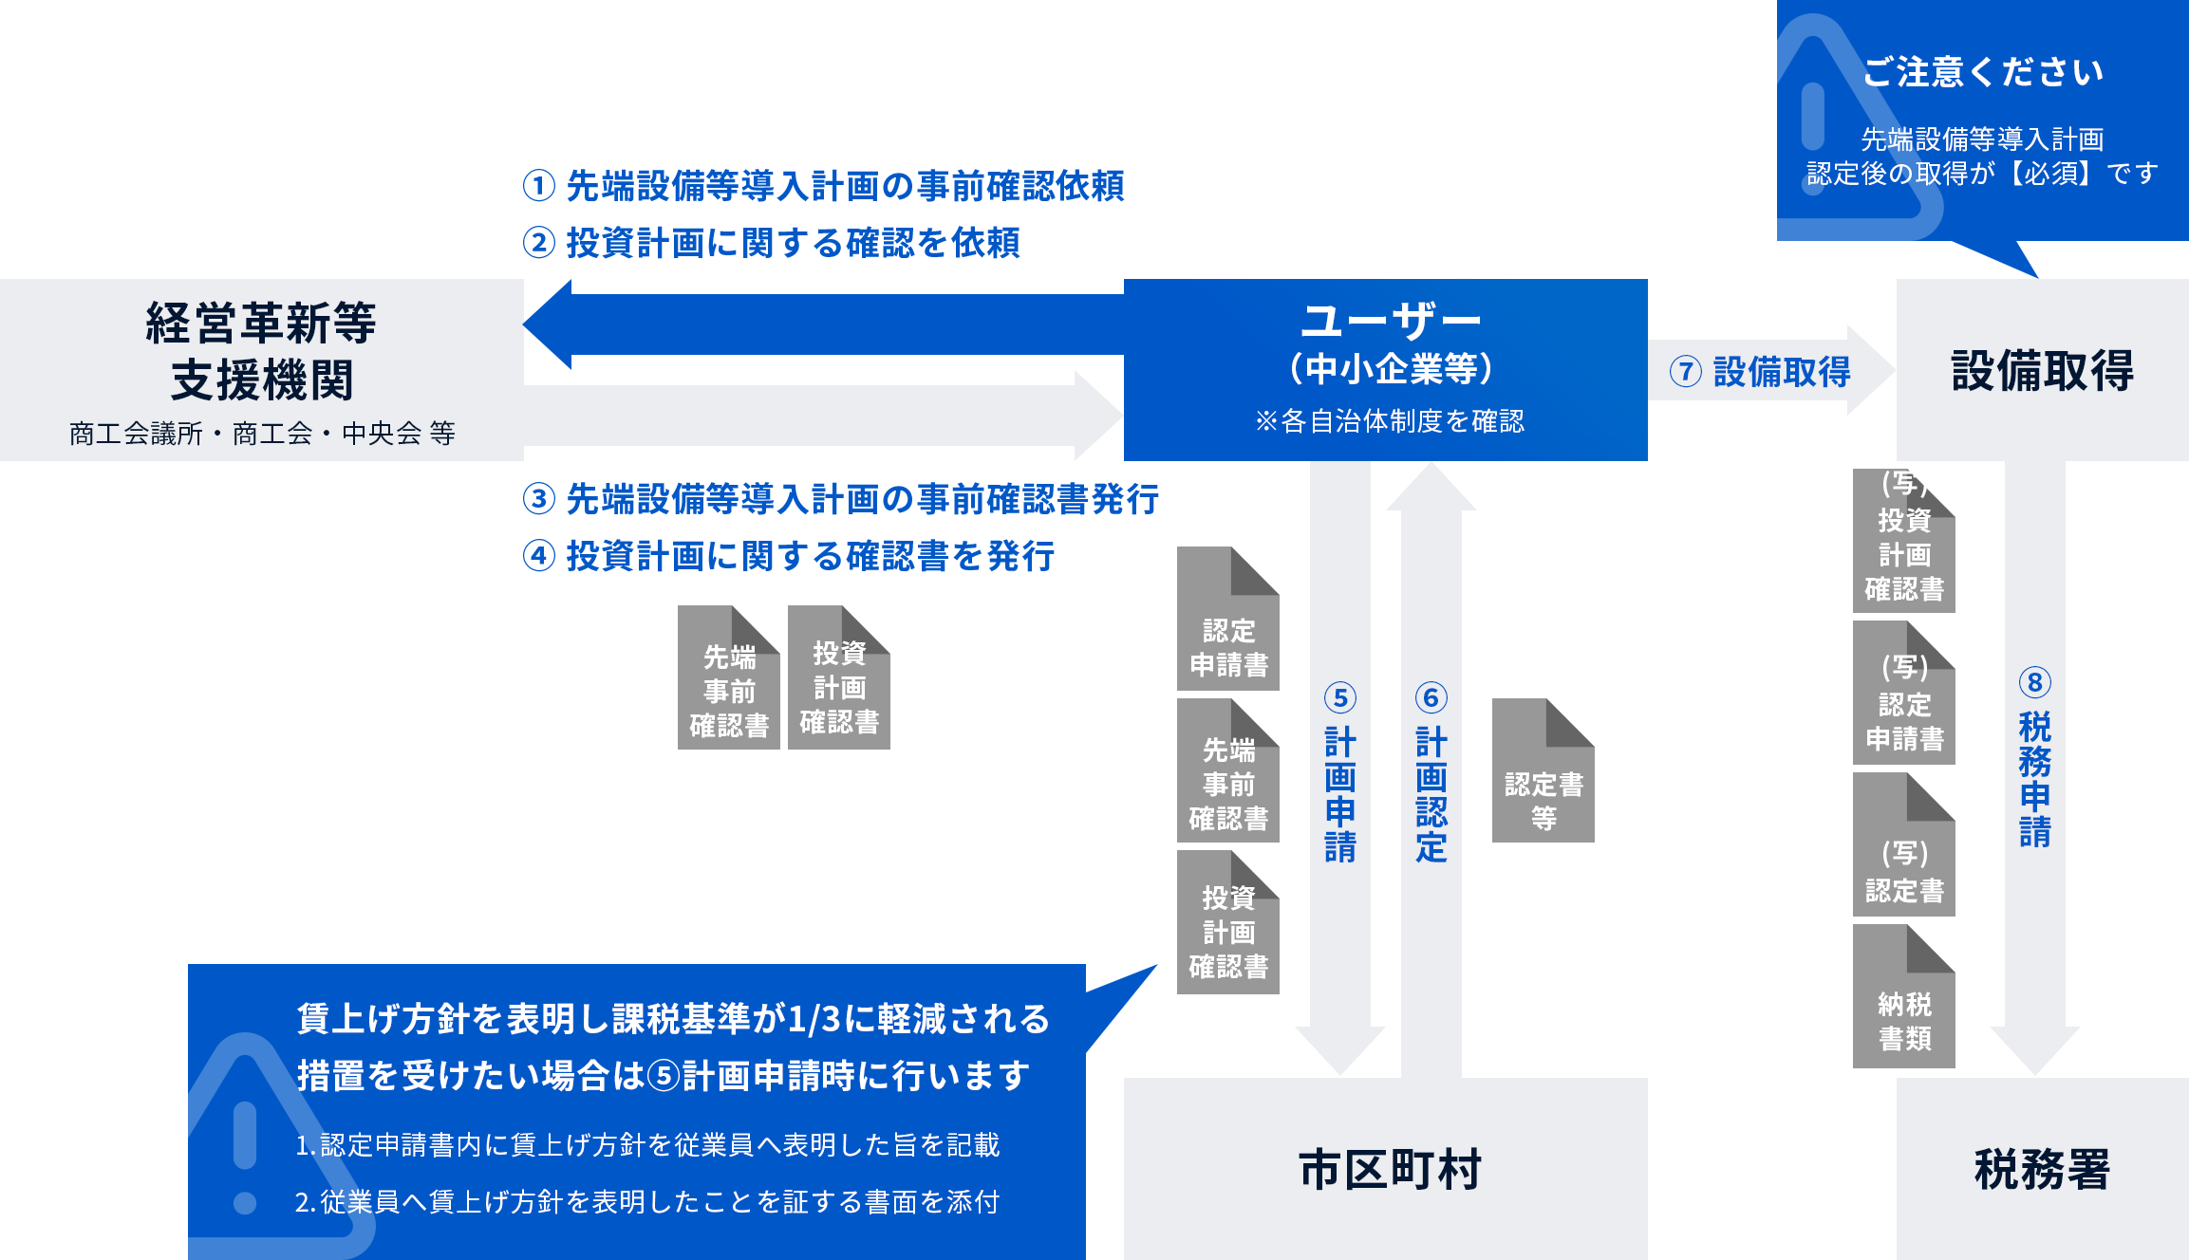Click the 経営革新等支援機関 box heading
[x=261, y=351]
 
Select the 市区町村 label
[x=1390, y=1169]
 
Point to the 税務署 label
[x=2042, y=1169]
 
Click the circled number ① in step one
[x=539, y=186]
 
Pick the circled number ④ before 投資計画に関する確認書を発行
[x=539, y=556]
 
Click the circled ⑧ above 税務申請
[x=2034, y=682]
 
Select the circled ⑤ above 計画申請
[x=1340, y=698]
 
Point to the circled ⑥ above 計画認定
[x=1431, y=698]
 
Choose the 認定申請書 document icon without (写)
[x=1228, y=621]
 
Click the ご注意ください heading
[x=1983, y=72]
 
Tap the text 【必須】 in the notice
[x=2049, y=174]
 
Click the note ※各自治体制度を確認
[x=1390, y=421]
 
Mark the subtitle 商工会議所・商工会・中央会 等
[x=262, y=434]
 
